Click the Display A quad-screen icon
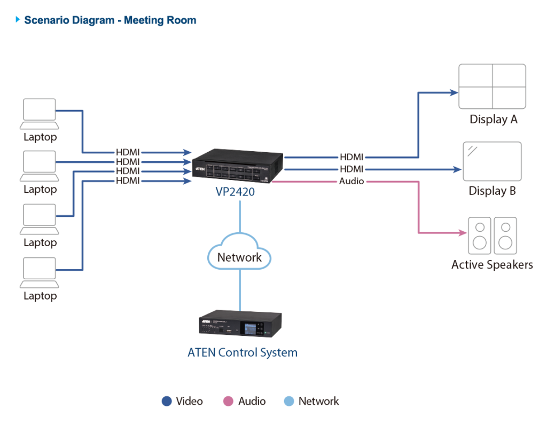(492, 86)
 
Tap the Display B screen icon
(491, 161)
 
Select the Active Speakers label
(492, 265)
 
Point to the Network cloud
(239, 257)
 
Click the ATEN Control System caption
(243, 352)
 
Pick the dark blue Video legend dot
(167, 402)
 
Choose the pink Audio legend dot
(229, 402)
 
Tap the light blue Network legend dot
(289, 402)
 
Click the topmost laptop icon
(40, 113)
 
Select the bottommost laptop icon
(40, 273)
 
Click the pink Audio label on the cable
(351, 182)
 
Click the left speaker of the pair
(479, 235)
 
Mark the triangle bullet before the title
(18, 20)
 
